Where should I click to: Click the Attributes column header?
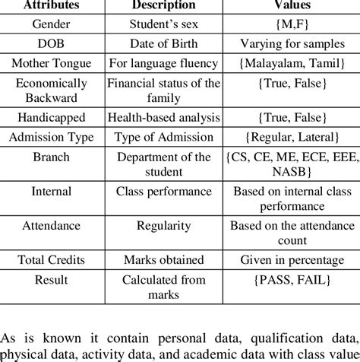coord(52,5)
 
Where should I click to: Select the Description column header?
coord(159,5)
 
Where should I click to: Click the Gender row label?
coord(51,22)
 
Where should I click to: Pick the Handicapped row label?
coord(51,119)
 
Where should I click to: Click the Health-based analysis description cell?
coord(159,119)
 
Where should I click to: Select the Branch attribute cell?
coord(51,163)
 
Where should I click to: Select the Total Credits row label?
coord(51,258)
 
